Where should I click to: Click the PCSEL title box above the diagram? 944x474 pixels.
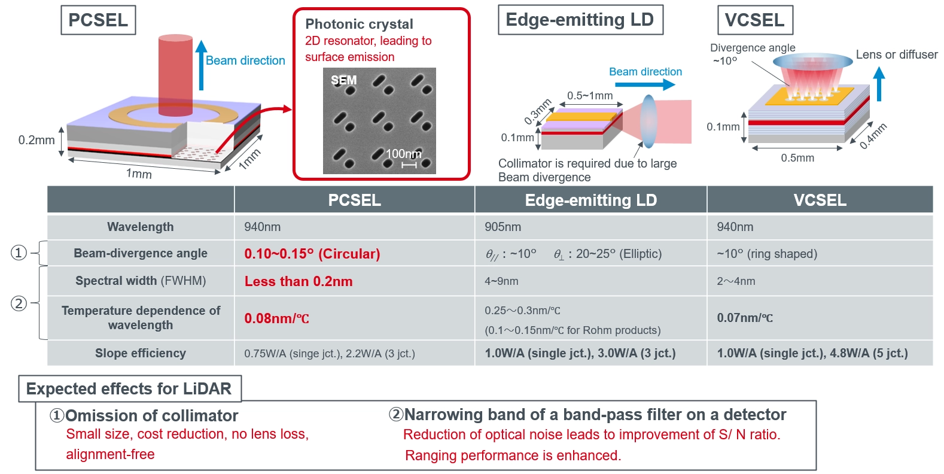coord(98,20)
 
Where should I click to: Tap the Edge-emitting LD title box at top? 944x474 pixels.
coord(580,20)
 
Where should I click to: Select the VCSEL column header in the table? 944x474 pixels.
coord(820,200)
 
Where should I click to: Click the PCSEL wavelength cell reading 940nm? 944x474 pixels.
coord(263,227)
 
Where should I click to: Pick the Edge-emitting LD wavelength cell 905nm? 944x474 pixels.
coord(503,227)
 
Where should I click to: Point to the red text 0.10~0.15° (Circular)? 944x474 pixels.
coord(312,254)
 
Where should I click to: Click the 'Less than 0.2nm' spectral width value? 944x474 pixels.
coord(299,281)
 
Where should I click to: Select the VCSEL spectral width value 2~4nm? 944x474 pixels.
coord(736,281)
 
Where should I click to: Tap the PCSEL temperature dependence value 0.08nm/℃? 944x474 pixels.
coord(276,318)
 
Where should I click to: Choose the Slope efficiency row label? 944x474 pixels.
coord(141,353)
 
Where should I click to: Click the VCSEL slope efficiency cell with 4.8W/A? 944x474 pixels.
coord(812,353)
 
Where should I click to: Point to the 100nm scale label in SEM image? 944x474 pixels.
coord(404,154)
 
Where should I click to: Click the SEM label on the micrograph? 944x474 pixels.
coord(343,80)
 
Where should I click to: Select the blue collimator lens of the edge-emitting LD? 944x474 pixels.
coord(648,121)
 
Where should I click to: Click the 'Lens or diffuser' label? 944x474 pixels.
coord(896,54)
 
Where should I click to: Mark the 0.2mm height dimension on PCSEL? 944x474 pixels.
coord(36,140)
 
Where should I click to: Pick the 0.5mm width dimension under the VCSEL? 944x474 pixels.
coord(797,158)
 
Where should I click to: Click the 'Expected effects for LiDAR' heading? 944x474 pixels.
coord(129,389)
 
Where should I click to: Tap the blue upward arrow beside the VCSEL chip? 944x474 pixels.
coord(879,84)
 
